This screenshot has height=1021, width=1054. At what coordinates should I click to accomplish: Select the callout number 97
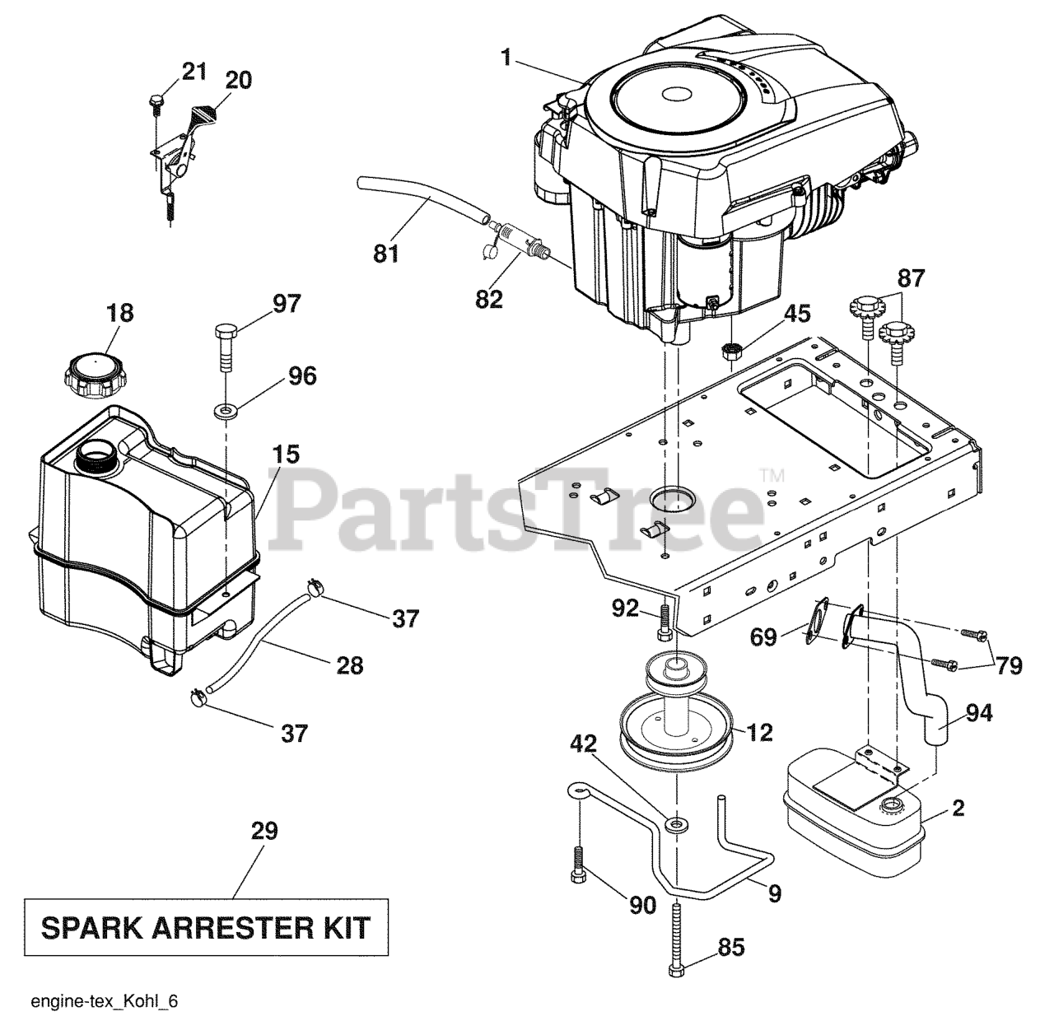coord(287,304)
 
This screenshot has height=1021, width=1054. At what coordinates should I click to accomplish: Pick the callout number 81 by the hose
coord(386,254)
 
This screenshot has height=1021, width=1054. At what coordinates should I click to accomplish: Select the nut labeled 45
coord(733,351)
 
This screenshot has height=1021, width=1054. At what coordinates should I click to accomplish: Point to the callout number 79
coord(1009,665)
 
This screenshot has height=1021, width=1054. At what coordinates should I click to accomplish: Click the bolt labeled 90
coord(578,865)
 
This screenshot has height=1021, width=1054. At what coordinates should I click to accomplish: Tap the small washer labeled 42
coord(676,825)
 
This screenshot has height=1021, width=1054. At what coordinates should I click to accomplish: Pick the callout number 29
coord(265,830)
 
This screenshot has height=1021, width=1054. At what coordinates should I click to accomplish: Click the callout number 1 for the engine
coord(506,58)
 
